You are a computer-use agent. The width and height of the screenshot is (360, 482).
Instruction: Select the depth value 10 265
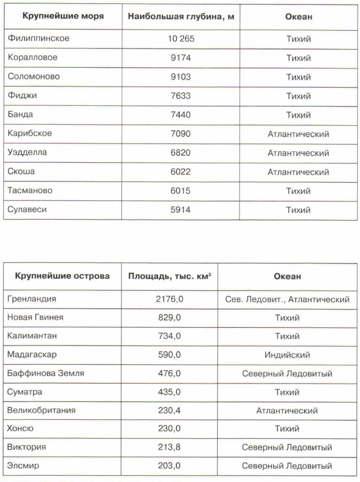pyautogui.click(x=180, y=39)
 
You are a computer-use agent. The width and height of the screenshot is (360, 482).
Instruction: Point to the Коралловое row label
pyautogui.click(x=32, y=57)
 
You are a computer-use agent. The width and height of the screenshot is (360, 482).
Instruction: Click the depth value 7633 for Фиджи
pyautogui.click(x=180, y=96)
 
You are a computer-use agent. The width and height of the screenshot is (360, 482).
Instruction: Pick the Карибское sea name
pyautogui.click(x=30, y=134)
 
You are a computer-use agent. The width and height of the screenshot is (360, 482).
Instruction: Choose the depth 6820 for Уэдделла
pyautogui.click(x=180, y=153)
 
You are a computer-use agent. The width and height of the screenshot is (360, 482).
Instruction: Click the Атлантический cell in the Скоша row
pyautogui.click(x=298, y=172)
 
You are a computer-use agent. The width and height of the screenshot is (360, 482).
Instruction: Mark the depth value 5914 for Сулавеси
pyautogui.click(x=180, y=209)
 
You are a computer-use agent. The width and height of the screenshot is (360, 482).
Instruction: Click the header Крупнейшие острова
pyautogui.click(x=58, y=277)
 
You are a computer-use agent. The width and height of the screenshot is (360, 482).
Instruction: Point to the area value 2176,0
pyautogui.click(x=169, y=298)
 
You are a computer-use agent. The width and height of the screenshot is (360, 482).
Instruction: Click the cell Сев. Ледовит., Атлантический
pyautogui.click(x=287, y=298)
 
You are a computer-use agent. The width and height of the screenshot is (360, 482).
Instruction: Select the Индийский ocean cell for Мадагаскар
pyautogui.click(x=287, y=355)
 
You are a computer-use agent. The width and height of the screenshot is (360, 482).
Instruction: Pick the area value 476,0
pyautogui.click(x=169, y=373)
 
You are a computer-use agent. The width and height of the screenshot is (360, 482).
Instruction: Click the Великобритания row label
pyautogui.click(x=42, y=410)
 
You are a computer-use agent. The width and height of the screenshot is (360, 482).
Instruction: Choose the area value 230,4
pyautogui.click(x=169, y=410)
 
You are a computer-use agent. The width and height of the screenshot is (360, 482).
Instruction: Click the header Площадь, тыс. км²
pyautogui.click(x=169, y=277)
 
